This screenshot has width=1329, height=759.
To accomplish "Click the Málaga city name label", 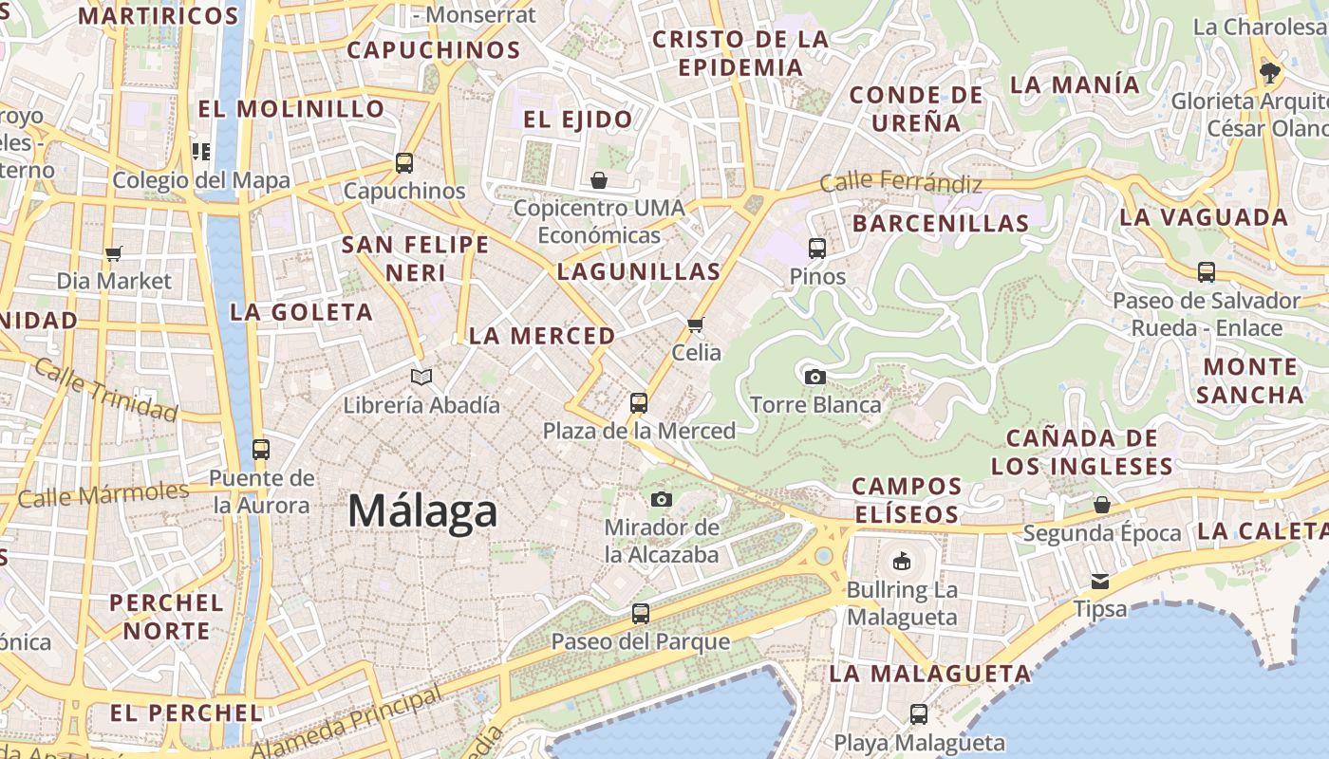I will (x=422, y=511).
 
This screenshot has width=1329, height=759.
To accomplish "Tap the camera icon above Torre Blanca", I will (x=814, y=377).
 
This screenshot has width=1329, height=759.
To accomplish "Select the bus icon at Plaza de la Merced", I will (x=639, y=402).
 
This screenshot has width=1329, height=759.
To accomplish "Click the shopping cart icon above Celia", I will (x=696, y=324).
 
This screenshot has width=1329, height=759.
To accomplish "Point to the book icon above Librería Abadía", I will (x=421, y=377).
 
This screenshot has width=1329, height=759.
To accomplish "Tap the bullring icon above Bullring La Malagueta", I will (x=901, y=561).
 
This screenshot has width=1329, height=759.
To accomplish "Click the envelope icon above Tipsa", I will (x=1100, y=581).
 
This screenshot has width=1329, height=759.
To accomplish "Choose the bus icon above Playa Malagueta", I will (x=918, y=713).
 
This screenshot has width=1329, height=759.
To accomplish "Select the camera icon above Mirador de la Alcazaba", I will (x=662, y=499).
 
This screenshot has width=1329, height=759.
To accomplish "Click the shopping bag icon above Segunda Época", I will (x=1101, y=505).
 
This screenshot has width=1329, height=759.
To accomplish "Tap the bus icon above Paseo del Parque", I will (x=641, y=613).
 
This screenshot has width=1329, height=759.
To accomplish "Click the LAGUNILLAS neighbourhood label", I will (x=639, y=272).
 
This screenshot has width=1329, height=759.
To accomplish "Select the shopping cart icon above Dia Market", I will (x=114, y=253).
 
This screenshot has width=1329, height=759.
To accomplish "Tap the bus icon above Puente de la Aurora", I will (x=261, y=449).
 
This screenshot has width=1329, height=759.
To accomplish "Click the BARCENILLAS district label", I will (x=941, y=224).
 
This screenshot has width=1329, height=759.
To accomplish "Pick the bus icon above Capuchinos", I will (x=404, y=162).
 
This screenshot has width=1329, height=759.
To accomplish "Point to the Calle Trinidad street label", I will (x=105, y=389).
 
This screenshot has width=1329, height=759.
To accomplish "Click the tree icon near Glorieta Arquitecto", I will (x=1269, y=72).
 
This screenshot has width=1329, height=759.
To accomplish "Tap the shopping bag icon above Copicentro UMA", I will (x=599, y=179).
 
